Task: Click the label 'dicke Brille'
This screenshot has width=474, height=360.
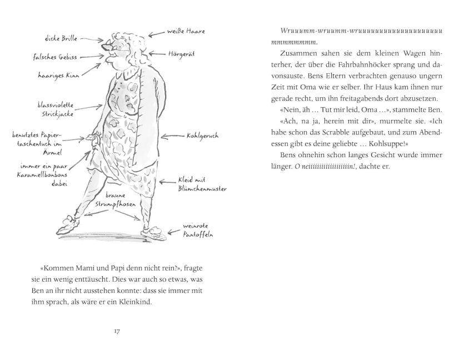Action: pos(61,39)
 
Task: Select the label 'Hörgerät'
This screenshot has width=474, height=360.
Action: pos(181,54)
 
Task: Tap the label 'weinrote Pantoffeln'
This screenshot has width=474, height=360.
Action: pos(198,231)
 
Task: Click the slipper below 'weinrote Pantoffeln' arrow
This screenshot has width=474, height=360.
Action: pos(155,229)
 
